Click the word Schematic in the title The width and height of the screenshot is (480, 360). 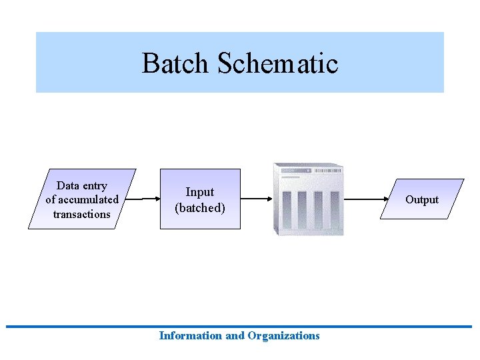pos(277,63)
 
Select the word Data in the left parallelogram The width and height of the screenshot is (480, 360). pos(68,185)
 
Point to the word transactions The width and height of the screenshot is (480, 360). pos(81,214)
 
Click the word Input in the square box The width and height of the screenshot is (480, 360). pos(200,192)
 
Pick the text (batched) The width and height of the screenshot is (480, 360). pos(200,208)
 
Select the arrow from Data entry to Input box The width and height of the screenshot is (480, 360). pos(143,199)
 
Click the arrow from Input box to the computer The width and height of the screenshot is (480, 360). pos(256,199)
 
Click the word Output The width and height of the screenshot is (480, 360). pos(422,199)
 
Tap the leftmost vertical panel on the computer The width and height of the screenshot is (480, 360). pos(286,211)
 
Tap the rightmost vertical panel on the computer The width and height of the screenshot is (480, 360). pos(334,211)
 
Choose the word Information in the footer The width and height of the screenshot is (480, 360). pos(191,336)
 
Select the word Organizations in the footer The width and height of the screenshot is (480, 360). pos(283,336)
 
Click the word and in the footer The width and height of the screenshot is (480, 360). pos(235,336)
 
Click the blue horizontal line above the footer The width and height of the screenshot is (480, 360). pos(240,327)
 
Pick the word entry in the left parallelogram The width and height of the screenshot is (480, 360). pos(95,185)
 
